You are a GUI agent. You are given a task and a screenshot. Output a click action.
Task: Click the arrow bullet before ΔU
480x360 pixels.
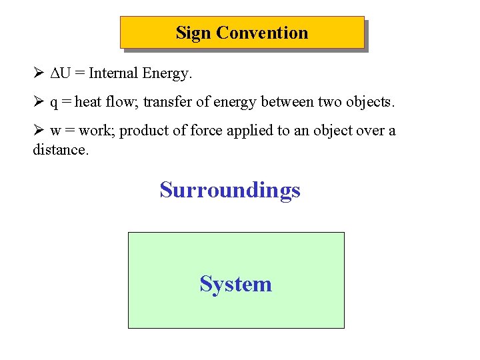(38, 73)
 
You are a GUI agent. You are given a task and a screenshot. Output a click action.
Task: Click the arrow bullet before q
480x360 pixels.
(38, 102)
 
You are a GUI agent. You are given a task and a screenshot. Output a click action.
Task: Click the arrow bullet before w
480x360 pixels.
(38, 131)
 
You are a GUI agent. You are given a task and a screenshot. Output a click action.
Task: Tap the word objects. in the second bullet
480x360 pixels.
(369, 102)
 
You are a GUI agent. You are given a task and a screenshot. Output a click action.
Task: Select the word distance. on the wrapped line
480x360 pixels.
(60, 149)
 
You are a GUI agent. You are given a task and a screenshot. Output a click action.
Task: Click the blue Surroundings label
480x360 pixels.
(230, 191)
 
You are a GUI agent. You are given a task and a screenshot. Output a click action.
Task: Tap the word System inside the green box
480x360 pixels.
(235, 285)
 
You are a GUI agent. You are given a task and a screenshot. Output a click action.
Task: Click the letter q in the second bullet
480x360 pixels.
(54, 103)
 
